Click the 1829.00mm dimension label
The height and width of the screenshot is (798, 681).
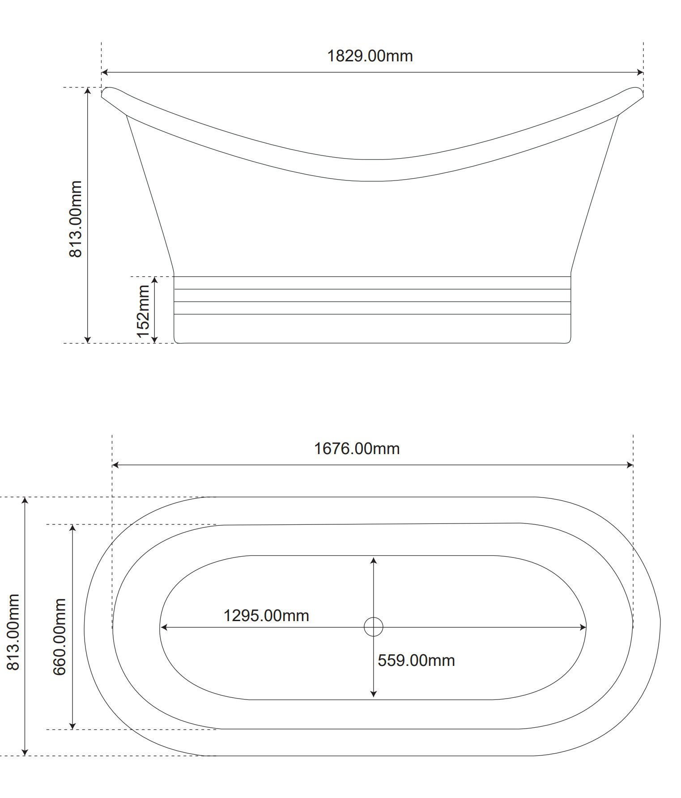point(370,56)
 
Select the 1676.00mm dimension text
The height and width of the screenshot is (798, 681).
point(357,448)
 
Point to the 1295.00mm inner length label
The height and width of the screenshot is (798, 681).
point(266,616)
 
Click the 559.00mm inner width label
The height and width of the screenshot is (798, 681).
point(416,661)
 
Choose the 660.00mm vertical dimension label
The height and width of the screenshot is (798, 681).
point(60,637)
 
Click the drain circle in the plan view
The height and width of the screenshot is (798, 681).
point(374,627)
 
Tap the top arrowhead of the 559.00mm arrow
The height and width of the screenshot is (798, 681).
point(374,561)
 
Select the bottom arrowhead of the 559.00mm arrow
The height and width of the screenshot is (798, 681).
point(374,694)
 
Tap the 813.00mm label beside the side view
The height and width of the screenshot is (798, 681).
point(76,219)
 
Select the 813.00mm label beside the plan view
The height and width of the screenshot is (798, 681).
point(13,632)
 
